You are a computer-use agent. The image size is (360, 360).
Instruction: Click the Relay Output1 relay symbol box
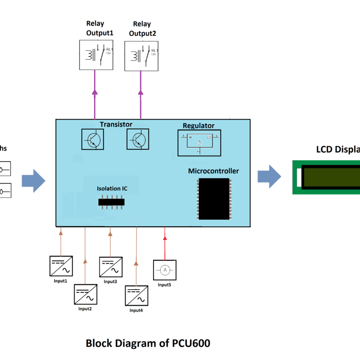[x=96, y=55]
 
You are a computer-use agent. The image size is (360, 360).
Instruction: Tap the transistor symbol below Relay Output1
[x=93, y=139]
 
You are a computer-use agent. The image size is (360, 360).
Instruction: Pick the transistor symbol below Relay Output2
[x=138, y=139]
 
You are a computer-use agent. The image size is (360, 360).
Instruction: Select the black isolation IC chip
[x=111, y=202]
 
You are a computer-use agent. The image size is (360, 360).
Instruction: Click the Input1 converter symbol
[x=61, y=266]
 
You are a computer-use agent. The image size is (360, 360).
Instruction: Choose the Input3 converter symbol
[x=111, y=267]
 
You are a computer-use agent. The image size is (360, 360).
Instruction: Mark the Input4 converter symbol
[x=137, y=295]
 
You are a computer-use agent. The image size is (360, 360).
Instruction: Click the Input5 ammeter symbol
[x=164, y=270]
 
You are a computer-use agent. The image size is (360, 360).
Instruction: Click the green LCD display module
[x=326, y=177]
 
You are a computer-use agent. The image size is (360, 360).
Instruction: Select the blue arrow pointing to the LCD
[x=269, y=177]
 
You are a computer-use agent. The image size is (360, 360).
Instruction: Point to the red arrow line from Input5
[x=164, y=243]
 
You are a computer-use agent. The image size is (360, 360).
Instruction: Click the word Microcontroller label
[x=213, y=171]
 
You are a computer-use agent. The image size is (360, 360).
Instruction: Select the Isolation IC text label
[x=112, y=189]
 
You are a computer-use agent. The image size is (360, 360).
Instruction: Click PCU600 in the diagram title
[x=191, y=343]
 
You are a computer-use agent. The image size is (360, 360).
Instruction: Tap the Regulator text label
[x=198, y=126]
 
